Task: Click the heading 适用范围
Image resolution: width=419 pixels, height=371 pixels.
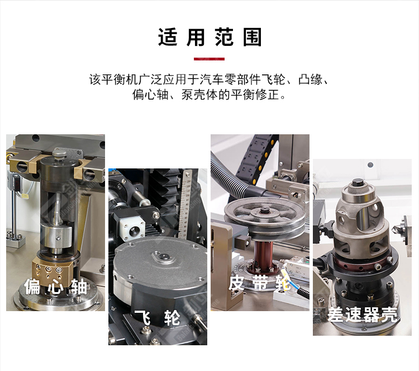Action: point(209,37)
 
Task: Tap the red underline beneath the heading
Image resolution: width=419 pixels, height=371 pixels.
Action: point(209,59)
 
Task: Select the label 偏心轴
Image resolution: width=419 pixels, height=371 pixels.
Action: point(55,287)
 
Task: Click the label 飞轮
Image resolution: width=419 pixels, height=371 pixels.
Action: point(157,318)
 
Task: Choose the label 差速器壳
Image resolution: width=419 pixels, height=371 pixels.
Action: point(362,314)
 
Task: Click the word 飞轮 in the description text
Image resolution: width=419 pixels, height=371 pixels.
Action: point(273,79)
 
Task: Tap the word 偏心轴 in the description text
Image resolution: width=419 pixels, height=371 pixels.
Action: point(150,95)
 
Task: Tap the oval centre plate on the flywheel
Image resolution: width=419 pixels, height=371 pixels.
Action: point(163,257)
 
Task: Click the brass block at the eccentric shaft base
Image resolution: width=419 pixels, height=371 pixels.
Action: point(51,270)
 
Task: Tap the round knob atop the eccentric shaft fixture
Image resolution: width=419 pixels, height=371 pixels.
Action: point(59,154)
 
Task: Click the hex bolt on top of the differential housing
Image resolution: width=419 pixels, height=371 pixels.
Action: point(357,183)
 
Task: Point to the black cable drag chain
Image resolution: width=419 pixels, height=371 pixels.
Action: point(255,160)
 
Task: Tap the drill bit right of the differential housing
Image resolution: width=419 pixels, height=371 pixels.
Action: point(396,228)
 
